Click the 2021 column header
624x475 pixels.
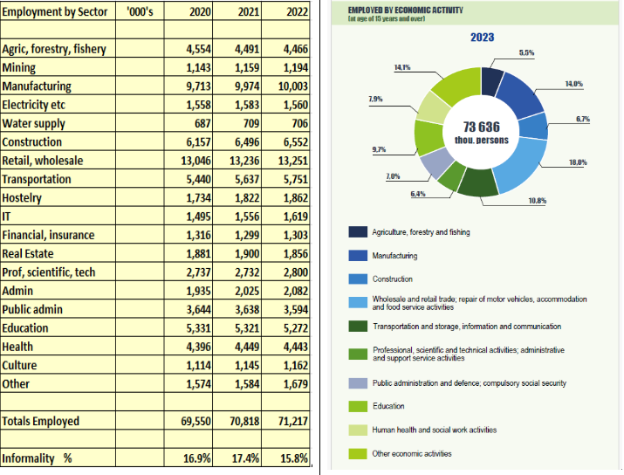point(249,12)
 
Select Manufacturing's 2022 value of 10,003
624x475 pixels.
point(293,86)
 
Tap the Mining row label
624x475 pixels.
point(18,68)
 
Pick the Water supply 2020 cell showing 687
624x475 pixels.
point(202,123)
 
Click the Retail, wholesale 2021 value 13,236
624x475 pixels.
point(244,161)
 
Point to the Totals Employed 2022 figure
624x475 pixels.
point(293,421)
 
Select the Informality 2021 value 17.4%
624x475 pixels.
point(245,458)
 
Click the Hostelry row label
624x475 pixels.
point(22,198)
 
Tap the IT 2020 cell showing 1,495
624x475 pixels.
point(199,217)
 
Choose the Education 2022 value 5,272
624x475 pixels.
point(296,328)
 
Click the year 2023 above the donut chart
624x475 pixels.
point(482,37)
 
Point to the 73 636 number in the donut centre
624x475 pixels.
point(481,127)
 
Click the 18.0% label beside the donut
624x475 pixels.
point(578,162)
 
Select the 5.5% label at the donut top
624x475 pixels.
point(526,52)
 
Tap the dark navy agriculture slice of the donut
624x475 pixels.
point(491,81)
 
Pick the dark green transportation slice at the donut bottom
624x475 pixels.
point(478,183)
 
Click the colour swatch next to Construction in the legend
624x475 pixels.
point(358,279)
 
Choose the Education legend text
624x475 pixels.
point(388,406)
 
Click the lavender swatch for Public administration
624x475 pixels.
point(358,383)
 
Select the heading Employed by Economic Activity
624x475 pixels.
point(405,10)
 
